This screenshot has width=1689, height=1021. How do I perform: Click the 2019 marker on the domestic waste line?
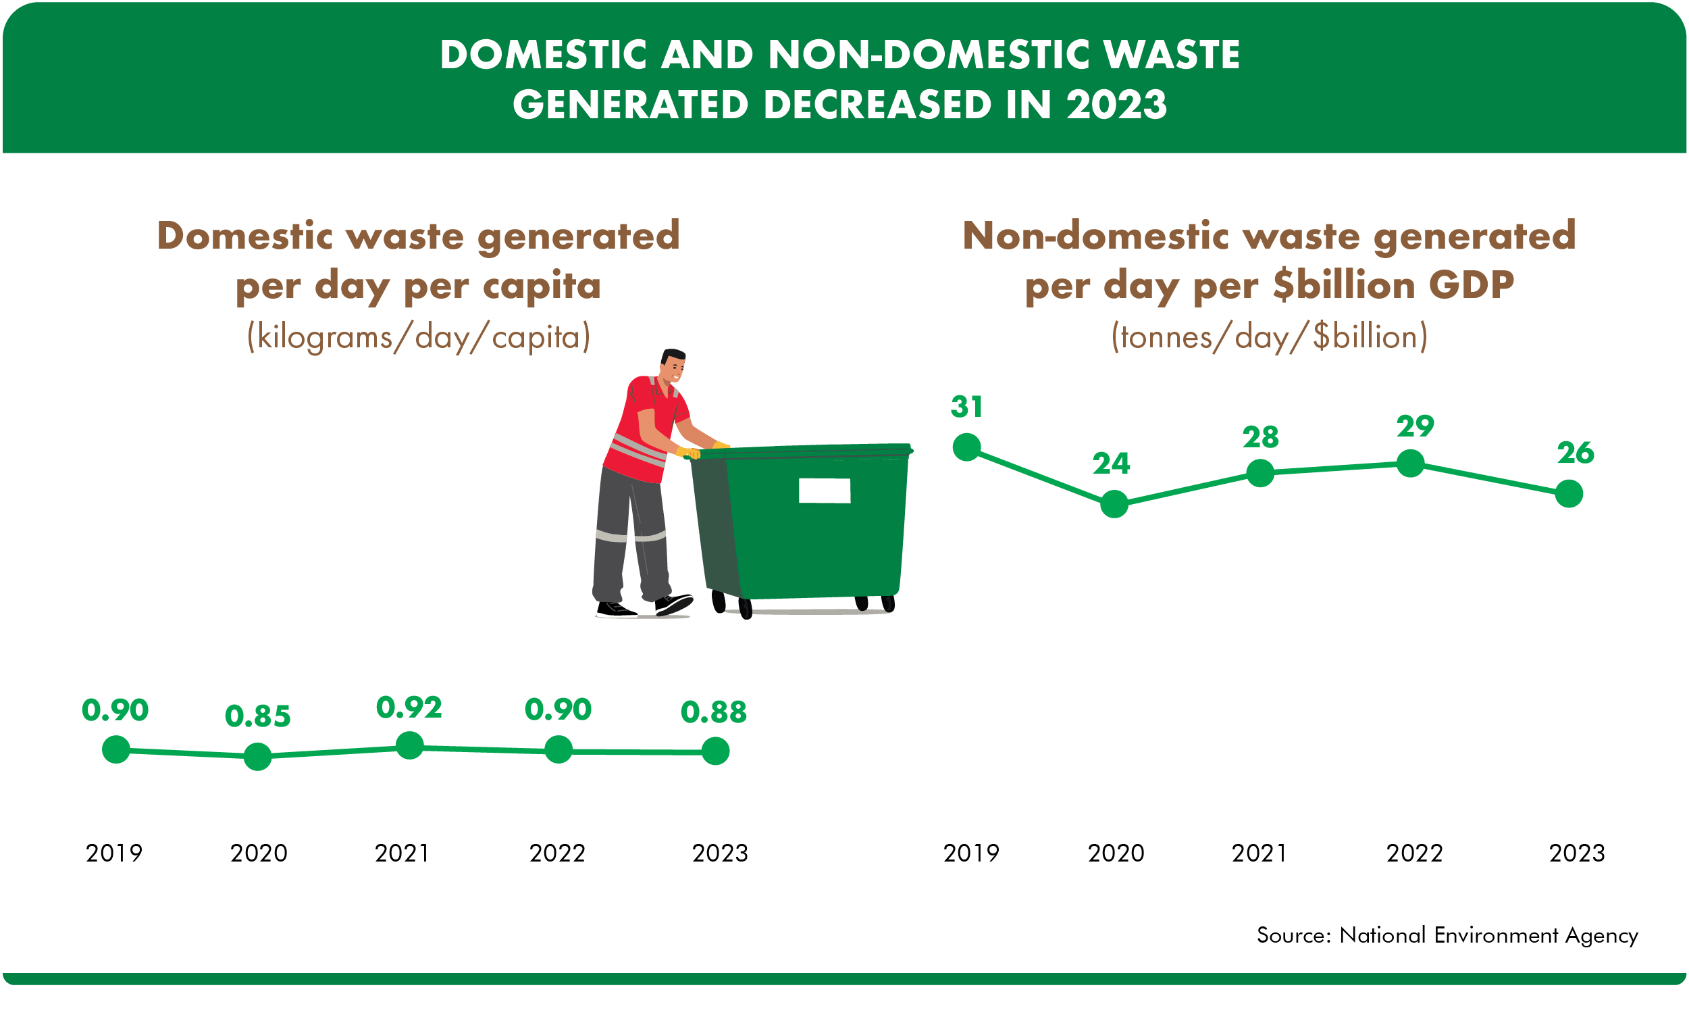(116, 749)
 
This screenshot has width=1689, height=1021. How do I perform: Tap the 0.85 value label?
(258, 716)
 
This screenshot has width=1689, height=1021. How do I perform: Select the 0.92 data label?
(409, 707)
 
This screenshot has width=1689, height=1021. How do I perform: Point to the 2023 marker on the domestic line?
(716, 751)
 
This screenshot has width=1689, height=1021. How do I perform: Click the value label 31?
(966, 407)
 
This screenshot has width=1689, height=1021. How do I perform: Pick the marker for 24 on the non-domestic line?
(1114, 504)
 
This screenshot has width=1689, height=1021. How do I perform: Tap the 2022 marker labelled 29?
(1410, 463)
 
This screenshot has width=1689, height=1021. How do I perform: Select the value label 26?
(1576, 453)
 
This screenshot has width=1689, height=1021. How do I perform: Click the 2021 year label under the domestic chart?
(402, 853)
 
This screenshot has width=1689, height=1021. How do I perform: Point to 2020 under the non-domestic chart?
(1116, 853)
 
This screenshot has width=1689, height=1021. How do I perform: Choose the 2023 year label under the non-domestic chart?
(1577, 853)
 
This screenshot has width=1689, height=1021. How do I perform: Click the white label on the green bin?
(824, 491)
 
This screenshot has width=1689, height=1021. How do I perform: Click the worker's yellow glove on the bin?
(688, 453)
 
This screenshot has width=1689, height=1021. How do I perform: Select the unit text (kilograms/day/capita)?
(418, 337)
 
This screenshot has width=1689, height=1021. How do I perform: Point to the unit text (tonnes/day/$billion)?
(1269, 337)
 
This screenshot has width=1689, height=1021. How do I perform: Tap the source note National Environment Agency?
(1488, 935)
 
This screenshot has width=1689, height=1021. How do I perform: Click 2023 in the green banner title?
(1116, 105)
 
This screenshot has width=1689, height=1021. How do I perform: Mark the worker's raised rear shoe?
(673, 604)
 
